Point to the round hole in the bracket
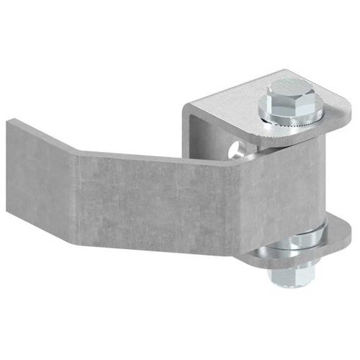point(235,150)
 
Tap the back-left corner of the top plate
point(189,108)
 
